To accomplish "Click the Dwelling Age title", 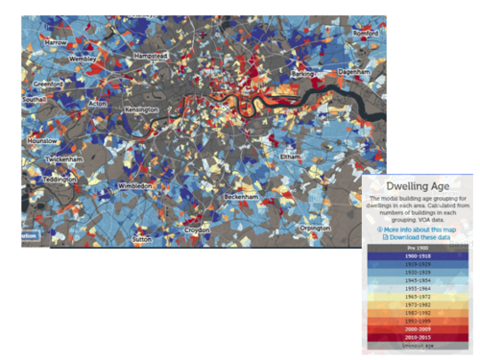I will [419, 187].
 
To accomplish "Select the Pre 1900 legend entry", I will [418, 249].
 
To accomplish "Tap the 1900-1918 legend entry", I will [418, 257].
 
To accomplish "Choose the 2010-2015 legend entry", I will [418, 338].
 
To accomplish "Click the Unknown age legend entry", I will [418, 347].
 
